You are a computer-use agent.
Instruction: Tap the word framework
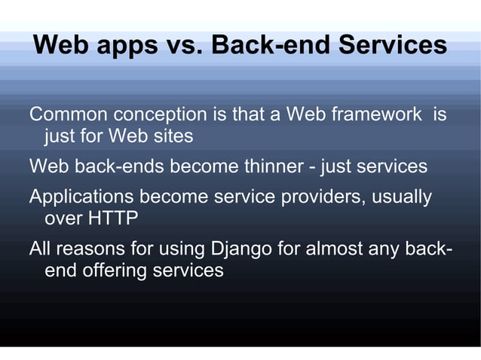click(x=376, y=115)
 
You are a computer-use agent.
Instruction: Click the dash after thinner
click(x=311, y=167)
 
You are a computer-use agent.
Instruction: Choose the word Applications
click(x=81, y=197)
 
